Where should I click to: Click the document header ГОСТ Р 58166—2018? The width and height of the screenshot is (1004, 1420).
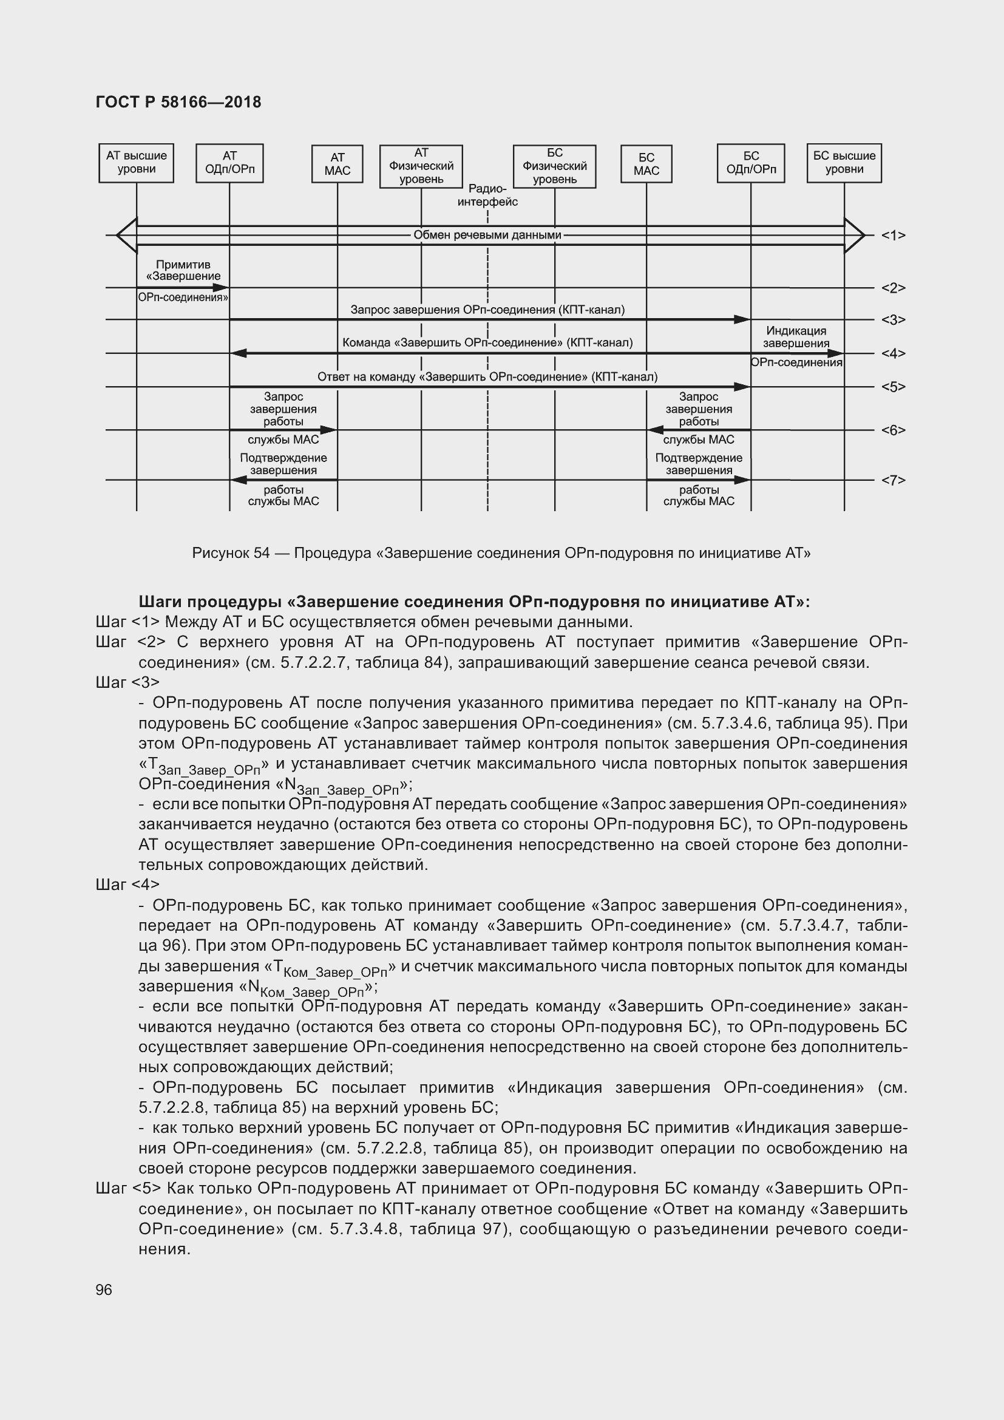(x=178, y=102)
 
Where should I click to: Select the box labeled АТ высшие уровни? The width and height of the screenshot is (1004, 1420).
(x=136, y=163)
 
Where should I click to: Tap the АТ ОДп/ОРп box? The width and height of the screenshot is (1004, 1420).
(x=229, y=163)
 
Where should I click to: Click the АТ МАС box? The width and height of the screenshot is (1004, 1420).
(x=337, y=164)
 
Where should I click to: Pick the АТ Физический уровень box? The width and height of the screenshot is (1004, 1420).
(x=421, y=166)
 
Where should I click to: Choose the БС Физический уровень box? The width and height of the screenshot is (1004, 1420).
(x=555, y=166)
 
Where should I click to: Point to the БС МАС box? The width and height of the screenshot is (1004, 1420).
(x=646, y=164)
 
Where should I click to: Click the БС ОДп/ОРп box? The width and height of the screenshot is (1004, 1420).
(x=750, y=163)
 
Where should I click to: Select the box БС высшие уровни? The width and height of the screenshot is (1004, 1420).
(x=844, y=163)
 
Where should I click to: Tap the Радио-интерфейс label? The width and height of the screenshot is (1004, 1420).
(x=487, y=195)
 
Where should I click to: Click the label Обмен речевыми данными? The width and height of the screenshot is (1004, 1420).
(x=487, y=235)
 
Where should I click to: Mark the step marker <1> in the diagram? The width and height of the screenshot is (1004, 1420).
(x=893, y=236)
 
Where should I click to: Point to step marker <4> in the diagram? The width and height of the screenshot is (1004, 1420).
(x=893, y=354)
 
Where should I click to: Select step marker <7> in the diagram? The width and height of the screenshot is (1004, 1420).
(x=893, y=481)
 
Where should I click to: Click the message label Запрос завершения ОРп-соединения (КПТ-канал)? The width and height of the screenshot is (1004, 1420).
(x=487, y=310)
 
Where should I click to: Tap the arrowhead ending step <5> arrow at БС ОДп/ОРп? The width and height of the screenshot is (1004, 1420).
(x=742, y=387)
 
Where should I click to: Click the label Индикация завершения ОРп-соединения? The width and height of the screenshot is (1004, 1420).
(x=796, y=346)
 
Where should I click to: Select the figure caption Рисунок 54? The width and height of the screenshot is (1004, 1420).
(x=501, y=553)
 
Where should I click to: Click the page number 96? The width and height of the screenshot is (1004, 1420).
(x=104, y=1289)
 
